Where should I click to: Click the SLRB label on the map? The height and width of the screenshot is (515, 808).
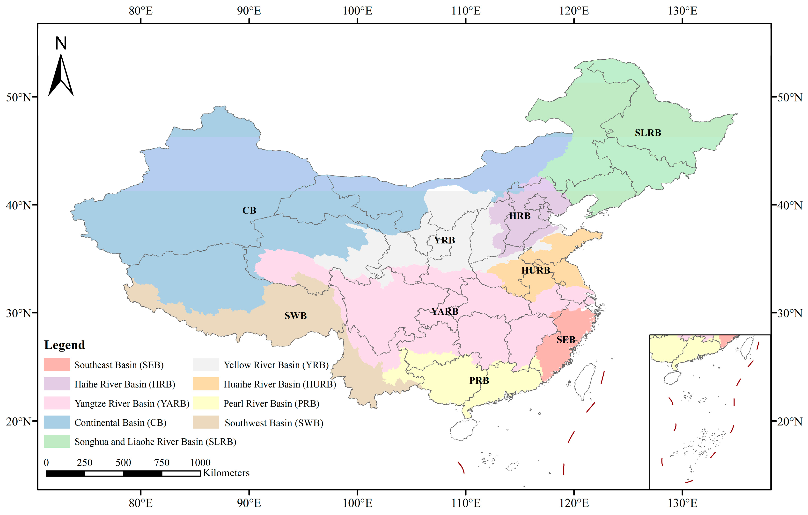point(648,133)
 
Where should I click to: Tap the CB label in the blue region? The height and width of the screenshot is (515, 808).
point(249,211)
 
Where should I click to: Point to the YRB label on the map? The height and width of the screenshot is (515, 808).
point(445,240)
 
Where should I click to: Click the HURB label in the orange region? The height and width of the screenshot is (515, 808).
point(536,270)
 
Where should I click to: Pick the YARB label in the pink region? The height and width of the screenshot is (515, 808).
point(445,312)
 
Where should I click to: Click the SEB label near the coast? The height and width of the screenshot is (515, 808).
point(566,340)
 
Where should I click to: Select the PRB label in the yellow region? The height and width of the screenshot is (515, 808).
point(479,381)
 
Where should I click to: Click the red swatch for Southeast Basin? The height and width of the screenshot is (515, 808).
point(57,365)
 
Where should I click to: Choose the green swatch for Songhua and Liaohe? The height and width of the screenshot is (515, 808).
point(57,441)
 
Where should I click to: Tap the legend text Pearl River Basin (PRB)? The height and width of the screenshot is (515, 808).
point(271,403)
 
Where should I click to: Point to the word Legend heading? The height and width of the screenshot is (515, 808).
point(64,345)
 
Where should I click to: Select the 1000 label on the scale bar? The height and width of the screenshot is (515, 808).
point(200,463)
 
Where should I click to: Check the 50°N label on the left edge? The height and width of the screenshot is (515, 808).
point(18,98)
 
